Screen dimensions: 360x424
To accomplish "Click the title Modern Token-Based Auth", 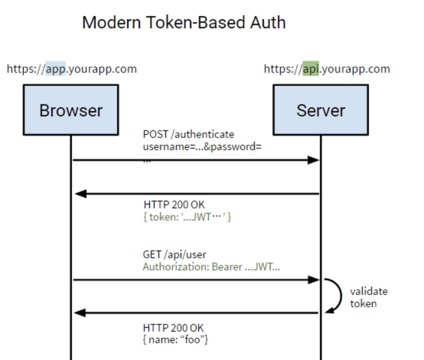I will (x=184, y=23).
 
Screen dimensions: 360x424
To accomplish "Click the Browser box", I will (x=71, y=110).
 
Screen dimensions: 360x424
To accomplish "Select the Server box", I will (x=321, y=110).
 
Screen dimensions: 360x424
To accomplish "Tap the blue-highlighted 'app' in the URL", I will (x=55, y=69).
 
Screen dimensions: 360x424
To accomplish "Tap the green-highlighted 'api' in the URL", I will (x=310, y=69).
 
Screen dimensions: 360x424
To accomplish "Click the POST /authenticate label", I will (x=188, y=134).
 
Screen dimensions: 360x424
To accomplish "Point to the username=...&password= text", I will (x=202, y=147).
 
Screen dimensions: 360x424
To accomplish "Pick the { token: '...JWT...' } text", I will (x=188, y=217).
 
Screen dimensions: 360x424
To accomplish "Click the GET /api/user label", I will (x=174, y=254).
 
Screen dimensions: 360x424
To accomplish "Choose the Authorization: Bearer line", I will (x=211, y=267).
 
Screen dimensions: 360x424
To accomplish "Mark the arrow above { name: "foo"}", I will (x=196, y=313).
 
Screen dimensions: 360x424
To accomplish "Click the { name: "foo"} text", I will (x=175, y=340).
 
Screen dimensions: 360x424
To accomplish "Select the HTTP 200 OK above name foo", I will (x=173, y=328).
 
